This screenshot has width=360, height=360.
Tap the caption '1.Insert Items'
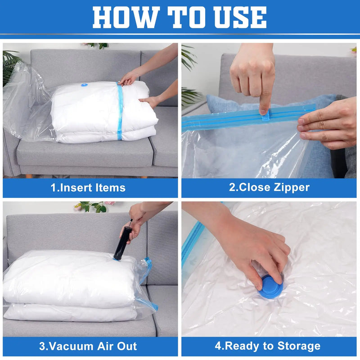88,188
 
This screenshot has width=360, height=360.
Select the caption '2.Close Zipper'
269,188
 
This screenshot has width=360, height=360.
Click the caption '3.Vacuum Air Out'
88,346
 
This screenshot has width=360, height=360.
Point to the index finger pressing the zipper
265,97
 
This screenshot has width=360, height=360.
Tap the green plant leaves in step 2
190,94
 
